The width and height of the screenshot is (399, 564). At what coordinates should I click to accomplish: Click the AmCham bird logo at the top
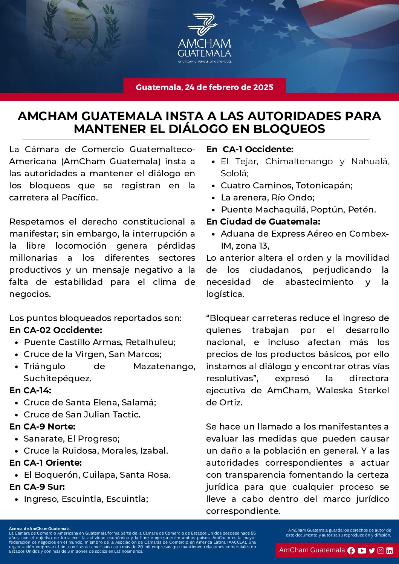204,25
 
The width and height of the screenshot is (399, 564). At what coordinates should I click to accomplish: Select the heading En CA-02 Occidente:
56,330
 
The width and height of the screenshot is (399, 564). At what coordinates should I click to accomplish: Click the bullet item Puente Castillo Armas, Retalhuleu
99,342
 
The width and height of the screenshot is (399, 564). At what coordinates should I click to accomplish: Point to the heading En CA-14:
30,390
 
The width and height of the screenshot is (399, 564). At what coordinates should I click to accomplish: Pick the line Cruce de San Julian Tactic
82,414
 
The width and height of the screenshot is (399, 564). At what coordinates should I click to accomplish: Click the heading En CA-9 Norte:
42,426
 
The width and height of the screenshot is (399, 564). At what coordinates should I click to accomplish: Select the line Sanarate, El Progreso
72,439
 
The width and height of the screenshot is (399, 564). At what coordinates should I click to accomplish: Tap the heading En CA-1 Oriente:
46,463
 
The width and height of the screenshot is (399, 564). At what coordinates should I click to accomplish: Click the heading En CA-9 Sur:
37,487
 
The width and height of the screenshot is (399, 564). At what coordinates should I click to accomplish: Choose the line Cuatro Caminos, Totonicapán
286,185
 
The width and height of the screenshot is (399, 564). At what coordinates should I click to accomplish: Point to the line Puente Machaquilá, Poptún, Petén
298,209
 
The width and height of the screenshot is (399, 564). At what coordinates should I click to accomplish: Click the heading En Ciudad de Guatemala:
263,222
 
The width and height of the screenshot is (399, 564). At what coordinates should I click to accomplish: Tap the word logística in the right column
225,294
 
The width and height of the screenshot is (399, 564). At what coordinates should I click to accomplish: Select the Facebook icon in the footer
351,550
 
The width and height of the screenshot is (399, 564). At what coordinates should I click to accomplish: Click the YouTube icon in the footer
362,550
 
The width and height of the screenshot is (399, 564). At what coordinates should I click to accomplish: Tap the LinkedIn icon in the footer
390,550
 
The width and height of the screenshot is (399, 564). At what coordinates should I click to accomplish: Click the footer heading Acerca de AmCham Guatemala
39,529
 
